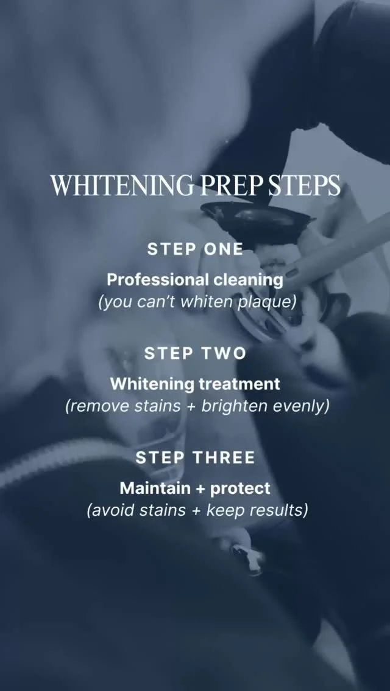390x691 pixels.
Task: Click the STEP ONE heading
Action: [195, 249]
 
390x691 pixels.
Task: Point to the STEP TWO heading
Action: [195, 353]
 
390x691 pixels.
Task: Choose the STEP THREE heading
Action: [195, 457]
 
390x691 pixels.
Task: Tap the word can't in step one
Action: [157, 303]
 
